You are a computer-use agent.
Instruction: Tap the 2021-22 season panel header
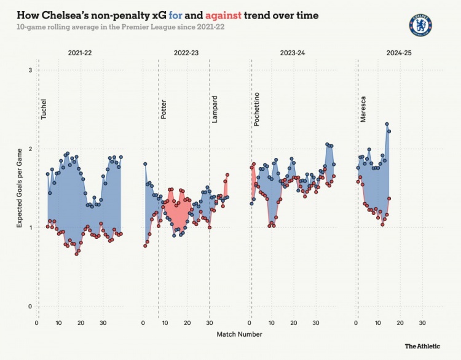point(80,54)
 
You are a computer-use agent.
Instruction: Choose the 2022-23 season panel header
point(186,54)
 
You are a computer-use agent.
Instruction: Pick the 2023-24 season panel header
point(293,54)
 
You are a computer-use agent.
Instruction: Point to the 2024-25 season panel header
point(400,54)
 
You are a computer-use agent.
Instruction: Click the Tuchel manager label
point(43,109)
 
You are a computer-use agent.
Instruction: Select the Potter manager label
point(163,109)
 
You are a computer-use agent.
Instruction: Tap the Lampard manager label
point(215,109)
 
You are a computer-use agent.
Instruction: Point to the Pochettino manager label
point(257,109)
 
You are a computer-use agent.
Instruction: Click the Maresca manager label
point(363,109)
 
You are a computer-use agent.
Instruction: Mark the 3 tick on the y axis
point(30,71)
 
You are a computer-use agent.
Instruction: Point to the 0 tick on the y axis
point(30,306)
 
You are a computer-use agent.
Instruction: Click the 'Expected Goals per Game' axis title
point(18,188)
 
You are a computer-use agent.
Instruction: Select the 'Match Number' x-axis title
point(239,334)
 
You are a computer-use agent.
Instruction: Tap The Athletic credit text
point(424,347)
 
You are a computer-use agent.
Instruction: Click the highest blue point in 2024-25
point(387,124)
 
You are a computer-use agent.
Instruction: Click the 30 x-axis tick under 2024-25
point(422,323)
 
